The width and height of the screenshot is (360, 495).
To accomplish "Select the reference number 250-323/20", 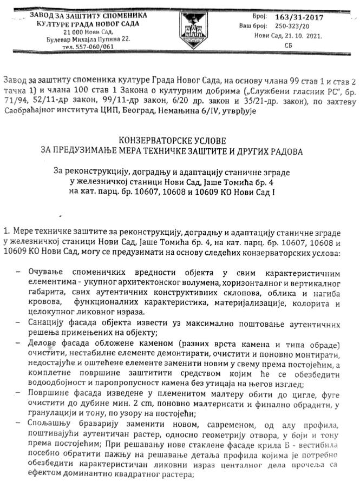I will (292, 26).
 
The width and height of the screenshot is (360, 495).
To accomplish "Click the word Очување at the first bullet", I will (48, 272).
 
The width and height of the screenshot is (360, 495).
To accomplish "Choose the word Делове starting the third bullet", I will (45, 345).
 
